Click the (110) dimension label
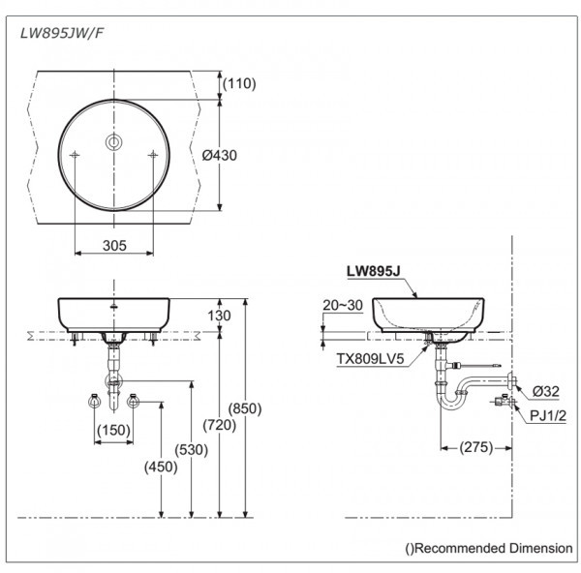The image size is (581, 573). (239, 84)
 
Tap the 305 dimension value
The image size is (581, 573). (114, 246)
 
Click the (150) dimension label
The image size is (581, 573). (113, 430)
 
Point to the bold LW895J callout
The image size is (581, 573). (373, 274)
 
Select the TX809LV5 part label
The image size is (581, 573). (369, 358)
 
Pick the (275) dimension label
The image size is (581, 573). (474, 447)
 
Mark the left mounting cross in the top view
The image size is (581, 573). (76, 156)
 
